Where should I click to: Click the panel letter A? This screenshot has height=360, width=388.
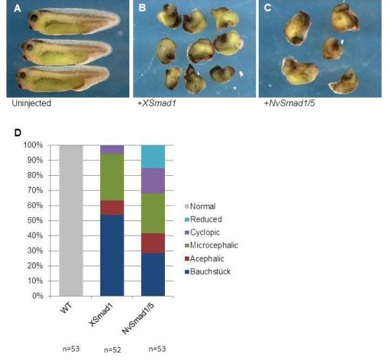(x=11, y=8)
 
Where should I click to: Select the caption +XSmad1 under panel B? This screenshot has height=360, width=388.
(x=153, y=103)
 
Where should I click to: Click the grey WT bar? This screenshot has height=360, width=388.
(x=70, y=220)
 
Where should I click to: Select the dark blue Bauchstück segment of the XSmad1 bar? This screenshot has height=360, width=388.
(x=112, y=255)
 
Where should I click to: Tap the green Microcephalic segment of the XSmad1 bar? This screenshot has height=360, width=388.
(x=112, y=178)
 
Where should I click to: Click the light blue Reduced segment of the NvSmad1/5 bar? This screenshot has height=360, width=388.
(x=153, y=156)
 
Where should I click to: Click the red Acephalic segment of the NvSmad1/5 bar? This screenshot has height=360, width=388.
(x=153, y=242)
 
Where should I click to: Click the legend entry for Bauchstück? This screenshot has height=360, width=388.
(x=210, y=271)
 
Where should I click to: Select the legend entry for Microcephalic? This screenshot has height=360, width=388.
(x=213, y=246)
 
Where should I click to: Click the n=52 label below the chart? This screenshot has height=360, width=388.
(x=111, y=350)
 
